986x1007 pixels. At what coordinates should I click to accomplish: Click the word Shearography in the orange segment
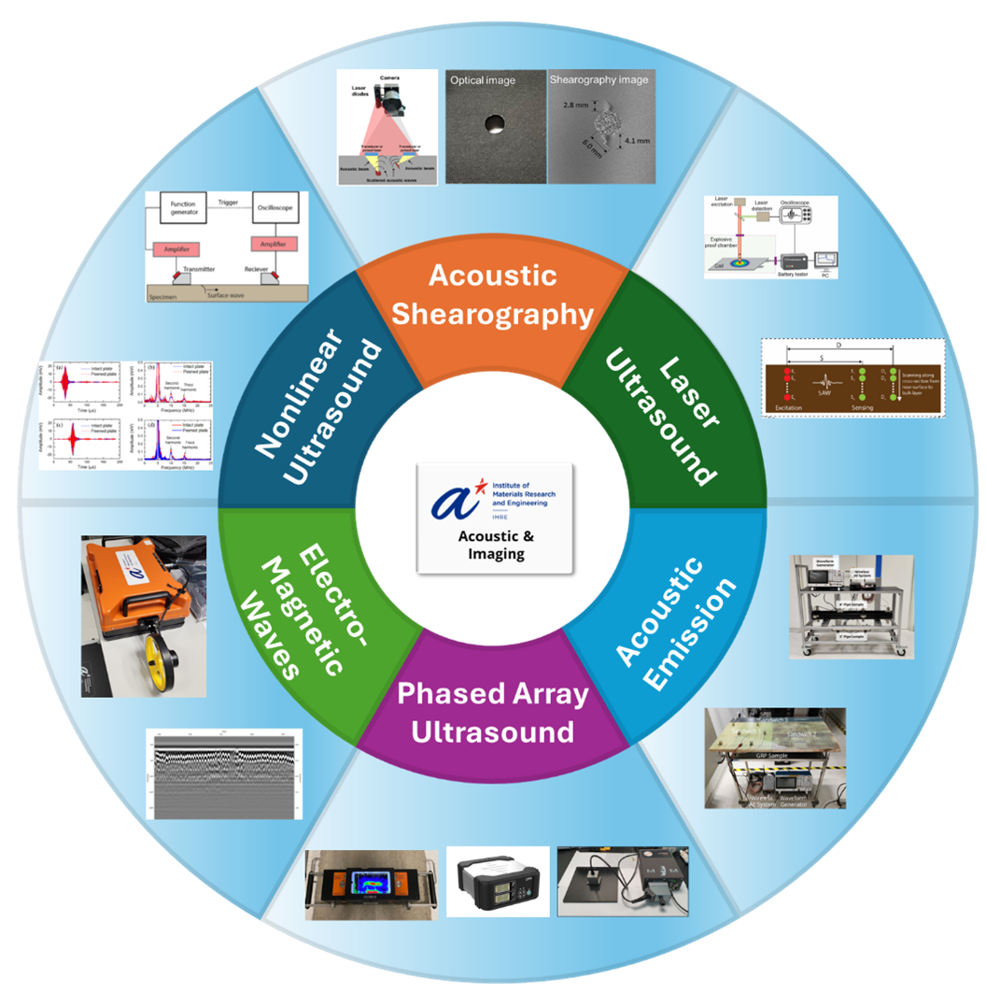492,314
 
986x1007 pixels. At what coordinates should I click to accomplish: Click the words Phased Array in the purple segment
493,695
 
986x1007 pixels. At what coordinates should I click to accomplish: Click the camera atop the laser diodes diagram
389,92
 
